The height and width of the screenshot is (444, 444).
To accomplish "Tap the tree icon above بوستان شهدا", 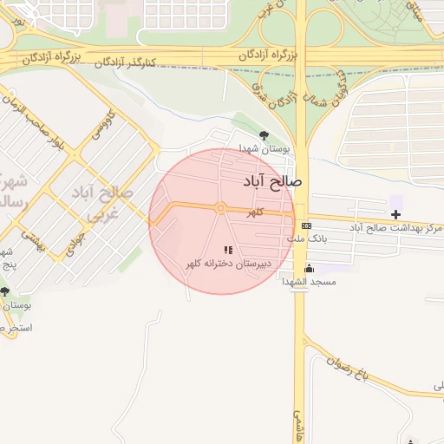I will coord(264,135).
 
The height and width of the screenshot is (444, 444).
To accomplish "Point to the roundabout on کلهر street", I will coord(221,207).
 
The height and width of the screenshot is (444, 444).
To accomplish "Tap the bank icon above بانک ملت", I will coord(306,225).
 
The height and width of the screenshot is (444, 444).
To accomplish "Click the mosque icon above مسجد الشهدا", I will coord(309,269).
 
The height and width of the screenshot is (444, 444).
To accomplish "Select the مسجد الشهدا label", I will coord(309,282).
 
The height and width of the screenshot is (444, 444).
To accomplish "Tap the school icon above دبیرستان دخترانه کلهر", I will coord(228,250).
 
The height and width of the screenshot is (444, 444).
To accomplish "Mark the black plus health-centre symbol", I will coord(396,213).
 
